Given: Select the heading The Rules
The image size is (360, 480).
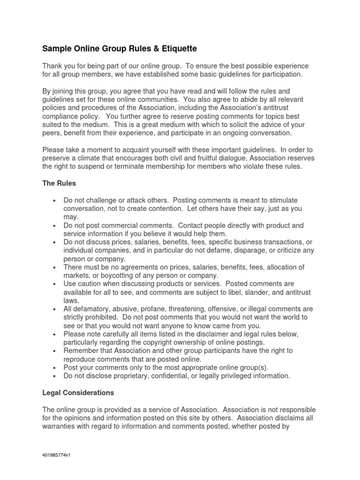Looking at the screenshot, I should pos(59,183).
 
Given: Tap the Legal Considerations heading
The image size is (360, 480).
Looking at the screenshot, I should pos(78,392).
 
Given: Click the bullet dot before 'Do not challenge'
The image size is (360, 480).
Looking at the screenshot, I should pos(55,201).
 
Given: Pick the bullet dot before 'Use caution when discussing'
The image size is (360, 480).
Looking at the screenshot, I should pos(55,284).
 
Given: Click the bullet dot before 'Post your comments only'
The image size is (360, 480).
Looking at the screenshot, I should pos(55,367).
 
